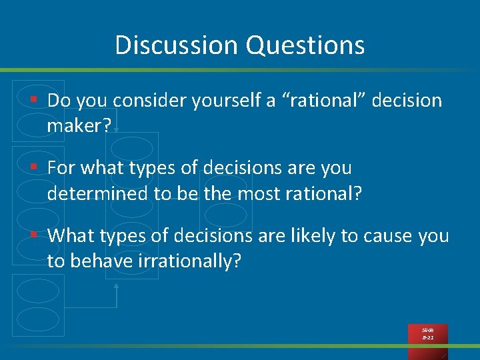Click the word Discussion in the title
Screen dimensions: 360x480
177,45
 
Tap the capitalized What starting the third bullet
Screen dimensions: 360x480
71,235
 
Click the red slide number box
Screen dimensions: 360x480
428,334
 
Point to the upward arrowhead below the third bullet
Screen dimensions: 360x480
117,286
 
